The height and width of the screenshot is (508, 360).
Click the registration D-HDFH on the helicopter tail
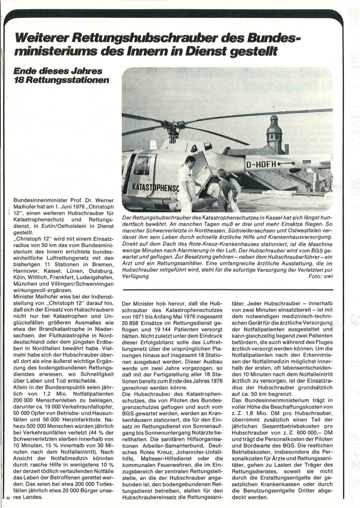(262, 163)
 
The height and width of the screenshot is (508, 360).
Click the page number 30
(8, 499)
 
